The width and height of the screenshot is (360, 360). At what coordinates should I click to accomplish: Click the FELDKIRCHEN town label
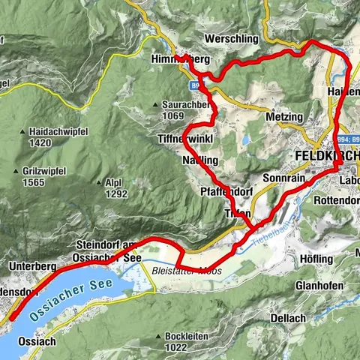tap(323, 156)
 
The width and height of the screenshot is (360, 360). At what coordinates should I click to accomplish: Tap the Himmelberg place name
tap(178, 59)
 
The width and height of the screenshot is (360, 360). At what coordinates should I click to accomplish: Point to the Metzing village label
tap(284, 118)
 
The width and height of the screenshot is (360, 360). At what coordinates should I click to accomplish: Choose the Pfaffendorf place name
tap(224, 192)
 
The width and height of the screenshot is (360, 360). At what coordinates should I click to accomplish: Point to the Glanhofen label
tap(319, 286)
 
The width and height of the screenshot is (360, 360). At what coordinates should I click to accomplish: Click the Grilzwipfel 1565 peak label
tap(39, 176)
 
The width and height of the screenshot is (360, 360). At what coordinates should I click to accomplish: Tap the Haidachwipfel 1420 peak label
tap(44, 137)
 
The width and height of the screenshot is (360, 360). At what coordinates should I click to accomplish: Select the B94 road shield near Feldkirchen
tap(342, 139)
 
